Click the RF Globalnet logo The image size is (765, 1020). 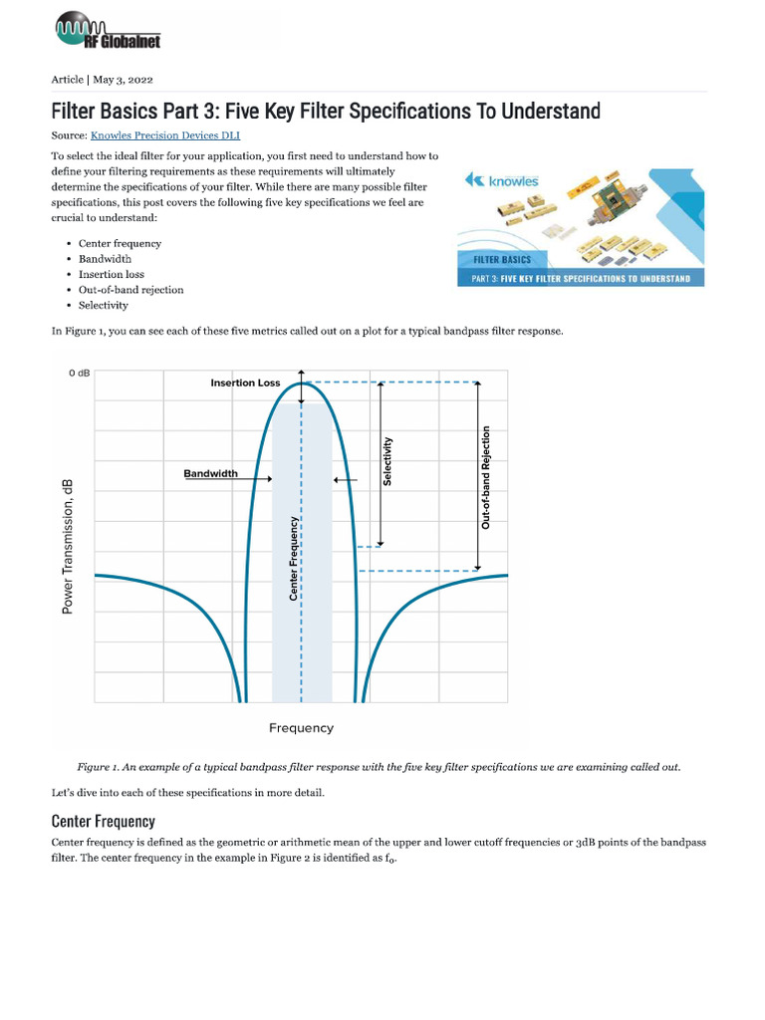click(108, 32)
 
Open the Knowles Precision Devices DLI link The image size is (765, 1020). click(164, 135)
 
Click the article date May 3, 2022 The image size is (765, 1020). click(124, 80)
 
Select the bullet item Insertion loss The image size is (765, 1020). click(111, 274)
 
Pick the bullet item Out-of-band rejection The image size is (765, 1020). click(130, 290)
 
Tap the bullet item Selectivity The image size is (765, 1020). click(103, 305)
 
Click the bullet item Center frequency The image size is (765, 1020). click(120, 243)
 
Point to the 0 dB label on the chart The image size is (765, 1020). click(79, 374)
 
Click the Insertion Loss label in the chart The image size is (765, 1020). click(245, 383)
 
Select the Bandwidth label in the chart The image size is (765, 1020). click(210, 473)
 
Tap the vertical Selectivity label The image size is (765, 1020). click(387, 461)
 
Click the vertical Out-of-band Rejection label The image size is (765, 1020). click(486, 477)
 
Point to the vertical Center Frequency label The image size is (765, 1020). click(293, 558)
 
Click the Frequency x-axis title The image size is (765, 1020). click(301, 728)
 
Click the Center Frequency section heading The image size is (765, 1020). click(103, 821)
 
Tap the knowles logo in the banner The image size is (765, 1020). click(503, 181)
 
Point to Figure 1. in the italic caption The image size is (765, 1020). click(99, 767)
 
